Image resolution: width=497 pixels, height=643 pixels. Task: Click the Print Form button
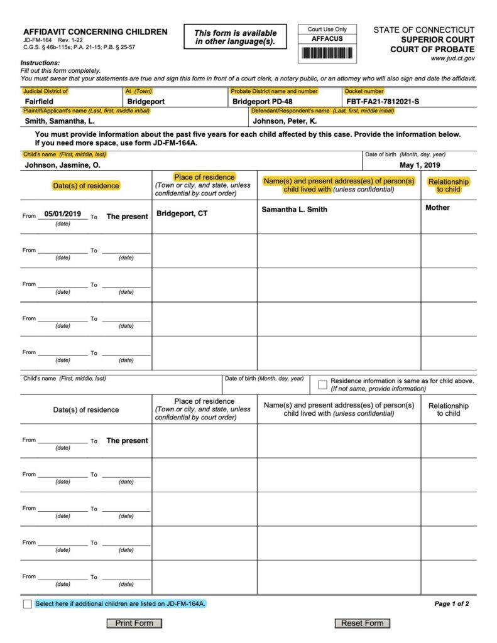click(134, 623)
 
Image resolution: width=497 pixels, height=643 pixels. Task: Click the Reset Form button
click(362, 623)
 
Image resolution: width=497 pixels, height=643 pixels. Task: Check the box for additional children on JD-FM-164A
click(27, 604)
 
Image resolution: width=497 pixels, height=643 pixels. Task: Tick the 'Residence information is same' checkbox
click(322, 384)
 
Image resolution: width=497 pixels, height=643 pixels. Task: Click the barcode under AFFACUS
click(327, 53)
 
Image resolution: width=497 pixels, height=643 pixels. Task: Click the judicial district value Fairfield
click(39, 101)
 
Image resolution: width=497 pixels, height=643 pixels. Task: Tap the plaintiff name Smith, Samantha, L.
click(60, 121)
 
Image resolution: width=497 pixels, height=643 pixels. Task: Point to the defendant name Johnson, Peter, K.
click(285, 121)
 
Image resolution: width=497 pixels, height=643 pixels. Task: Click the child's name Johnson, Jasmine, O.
click(62, 165)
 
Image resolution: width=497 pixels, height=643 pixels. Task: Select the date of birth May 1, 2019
click(420, 165)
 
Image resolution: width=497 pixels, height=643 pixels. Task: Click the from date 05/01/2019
click(63, 215)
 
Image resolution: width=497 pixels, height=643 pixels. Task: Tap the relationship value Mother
click(437, 208)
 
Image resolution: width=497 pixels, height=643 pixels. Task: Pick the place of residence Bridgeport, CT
click(182, 213)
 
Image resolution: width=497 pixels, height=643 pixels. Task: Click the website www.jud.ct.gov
click(452, 58)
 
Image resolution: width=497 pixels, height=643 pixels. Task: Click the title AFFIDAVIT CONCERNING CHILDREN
click(96, 32)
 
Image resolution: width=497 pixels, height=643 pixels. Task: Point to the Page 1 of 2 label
click(451, 604)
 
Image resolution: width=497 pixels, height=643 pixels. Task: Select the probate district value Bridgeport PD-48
click(262, 101)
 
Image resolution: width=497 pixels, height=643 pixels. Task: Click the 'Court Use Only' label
click(327, 30)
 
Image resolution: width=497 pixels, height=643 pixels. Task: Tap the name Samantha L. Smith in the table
click(294, 210)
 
